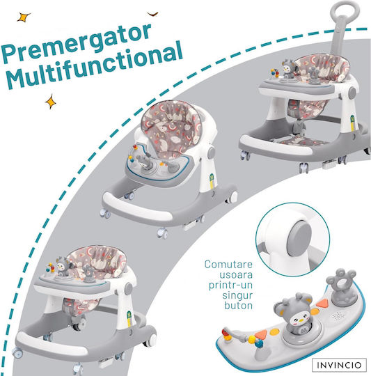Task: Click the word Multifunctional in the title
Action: click(x=95, y=66)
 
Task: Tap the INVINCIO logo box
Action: click(x=339, y=365)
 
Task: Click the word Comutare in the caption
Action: click(x=228, y=265)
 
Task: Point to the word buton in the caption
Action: click(x=239, y=306)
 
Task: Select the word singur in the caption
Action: click(x=237, y=296)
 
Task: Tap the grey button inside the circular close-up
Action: click(x=299, y=239)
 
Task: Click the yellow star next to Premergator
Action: click(x=24, y=17)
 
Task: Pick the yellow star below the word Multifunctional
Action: click(x=51, y=102)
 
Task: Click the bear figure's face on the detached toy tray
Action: click(x=298, y=318)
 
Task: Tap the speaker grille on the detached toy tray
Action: click(x=339, y=315)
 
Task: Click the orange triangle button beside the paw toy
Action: click(x=322, y=304)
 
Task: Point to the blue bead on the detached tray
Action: click(x=259, y=344)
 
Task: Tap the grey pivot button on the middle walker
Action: click(x=212, y=152)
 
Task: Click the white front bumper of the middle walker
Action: click(x=136, y=207)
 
